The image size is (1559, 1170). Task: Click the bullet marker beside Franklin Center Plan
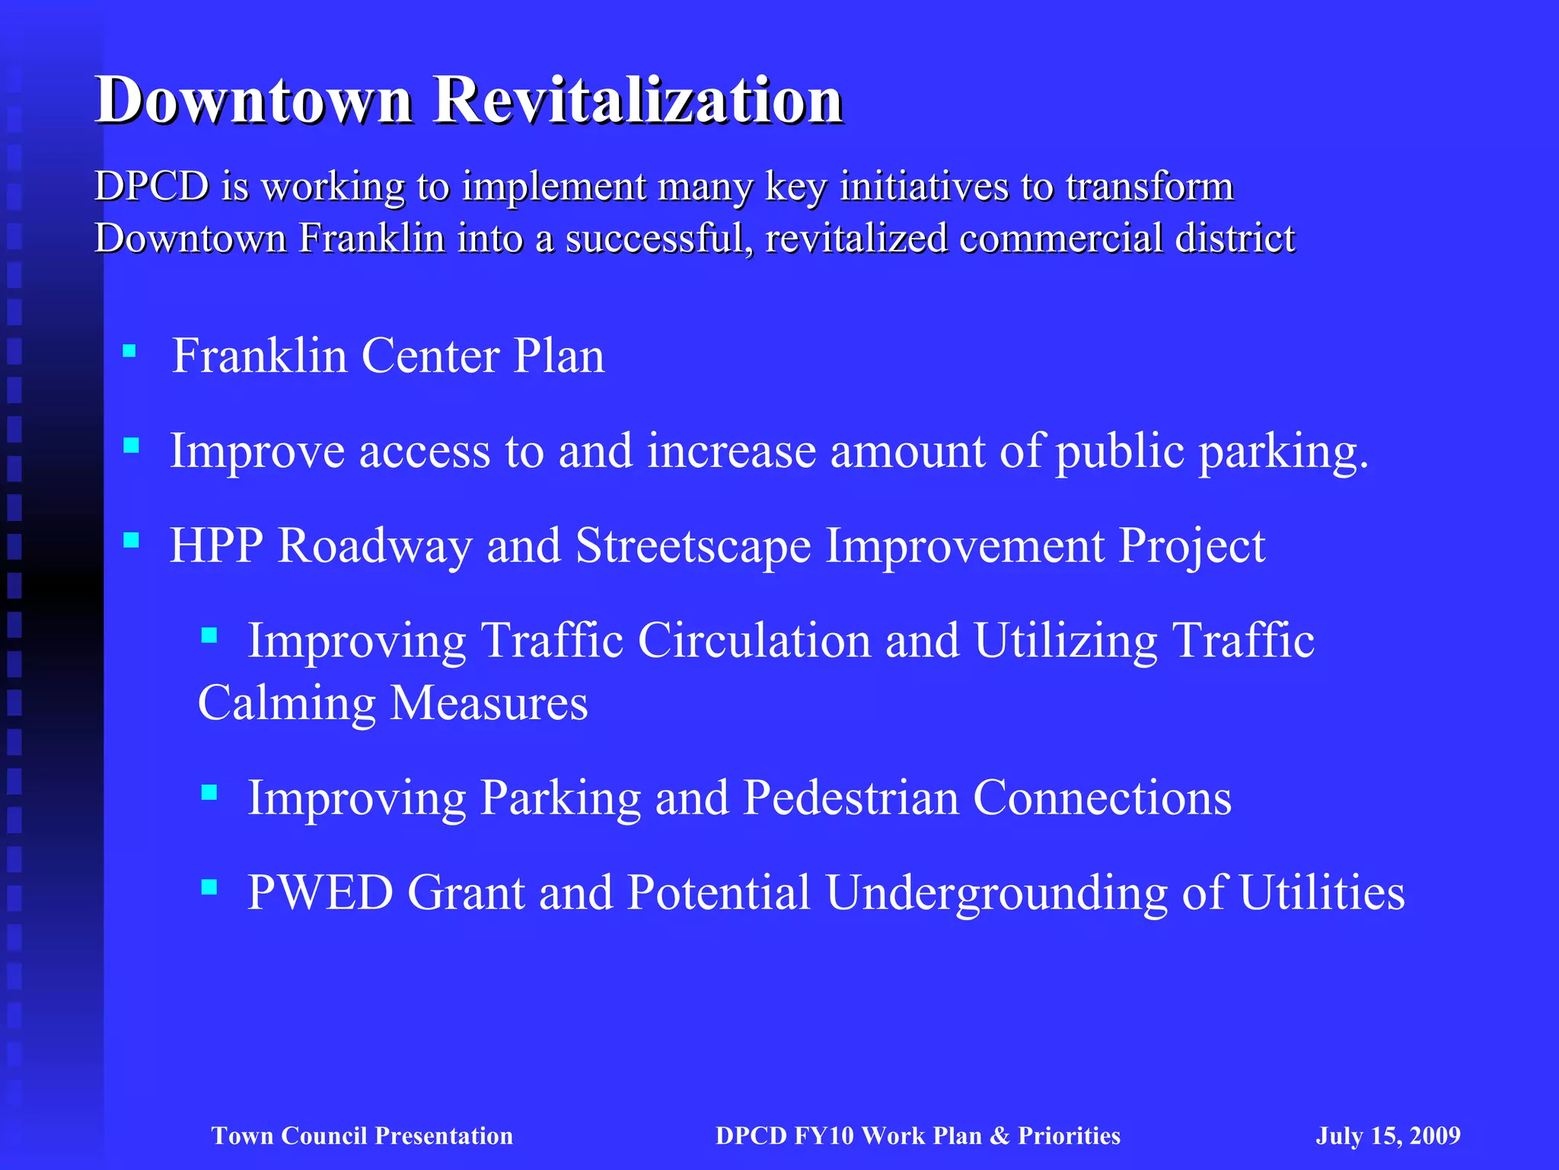(x=129, y=351)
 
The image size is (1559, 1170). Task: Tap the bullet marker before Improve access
(x=131, y=446)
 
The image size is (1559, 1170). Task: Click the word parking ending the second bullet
(x=1283, y=451)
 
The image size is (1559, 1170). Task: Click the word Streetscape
(x=693, y=545)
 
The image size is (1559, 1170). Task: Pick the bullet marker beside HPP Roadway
(x=131, y=541)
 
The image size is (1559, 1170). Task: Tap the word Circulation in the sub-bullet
(x=754, y=640)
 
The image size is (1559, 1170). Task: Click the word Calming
(x=286, y=702)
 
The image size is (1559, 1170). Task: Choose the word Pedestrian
(x=850, y=798)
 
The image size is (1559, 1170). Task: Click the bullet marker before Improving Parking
(x=209, y=793)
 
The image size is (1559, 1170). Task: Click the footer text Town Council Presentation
(x=362, y=1136)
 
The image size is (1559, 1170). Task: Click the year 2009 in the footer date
(x=1434, y=1136)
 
